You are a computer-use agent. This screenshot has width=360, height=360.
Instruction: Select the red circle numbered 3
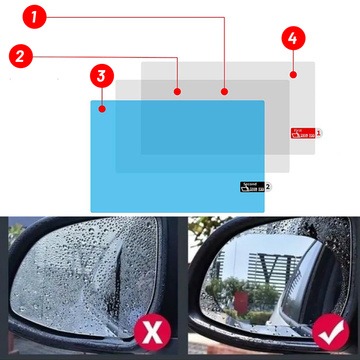click(x=101, y=76)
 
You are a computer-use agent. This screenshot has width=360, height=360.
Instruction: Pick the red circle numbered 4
click(x=292, y=39)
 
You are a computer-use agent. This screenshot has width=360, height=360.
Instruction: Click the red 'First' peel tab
click(x=301, y=132)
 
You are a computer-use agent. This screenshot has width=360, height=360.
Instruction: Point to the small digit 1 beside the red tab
click(x=318, y=132)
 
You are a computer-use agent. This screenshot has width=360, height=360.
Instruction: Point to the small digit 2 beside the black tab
click(x=268, y=186)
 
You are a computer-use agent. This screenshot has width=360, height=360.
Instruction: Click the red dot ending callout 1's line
click(x=225, y=91)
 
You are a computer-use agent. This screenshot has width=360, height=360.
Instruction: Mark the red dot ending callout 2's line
click(x=178, y=91)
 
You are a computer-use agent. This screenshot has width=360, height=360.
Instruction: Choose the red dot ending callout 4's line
click(x=292, y=74)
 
